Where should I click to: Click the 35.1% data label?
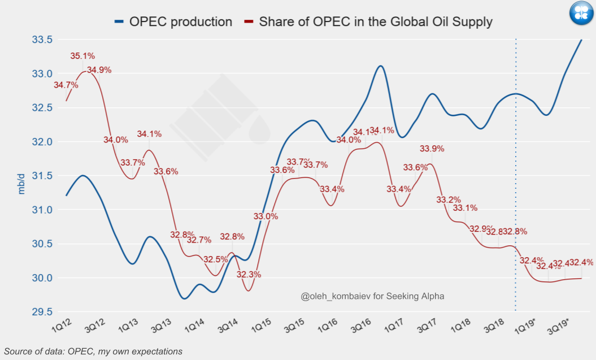point(82,56)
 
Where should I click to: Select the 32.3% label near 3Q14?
point(249,275)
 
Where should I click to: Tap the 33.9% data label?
point(432,149)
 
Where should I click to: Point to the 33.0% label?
point(266,216)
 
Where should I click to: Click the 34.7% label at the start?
point(66,85)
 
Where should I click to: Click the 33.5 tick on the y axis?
point(42,40)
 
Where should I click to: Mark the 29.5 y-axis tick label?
point(42,312)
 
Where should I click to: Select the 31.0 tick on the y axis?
point(42,210)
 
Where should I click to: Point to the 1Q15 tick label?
point(260,327)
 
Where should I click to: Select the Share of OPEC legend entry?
point(368,22)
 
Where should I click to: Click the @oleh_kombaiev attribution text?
point(373,296)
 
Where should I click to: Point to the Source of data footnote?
point(93,352)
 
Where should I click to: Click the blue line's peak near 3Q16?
point(381,66)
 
